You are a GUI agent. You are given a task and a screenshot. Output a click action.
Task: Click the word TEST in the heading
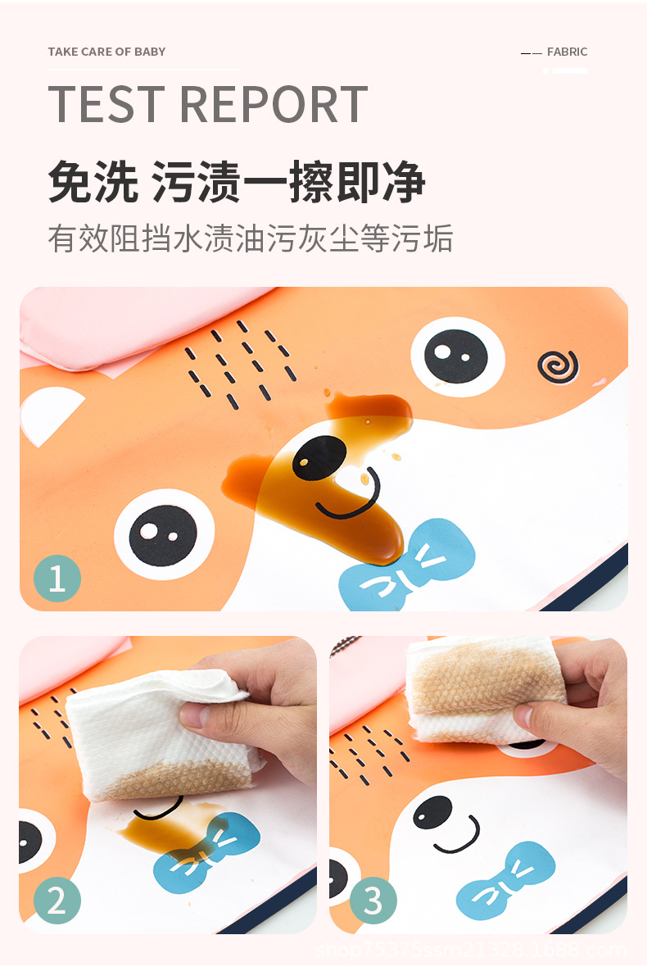pos(106,104)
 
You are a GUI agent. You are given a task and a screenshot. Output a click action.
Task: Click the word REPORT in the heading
pos(274,104)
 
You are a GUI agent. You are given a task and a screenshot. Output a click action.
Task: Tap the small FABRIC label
pos(567,52)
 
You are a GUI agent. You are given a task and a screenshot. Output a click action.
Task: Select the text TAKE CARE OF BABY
pos(106,52)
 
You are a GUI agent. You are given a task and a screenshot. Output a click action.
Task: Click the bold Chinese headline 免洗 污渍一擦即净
pos(237,182)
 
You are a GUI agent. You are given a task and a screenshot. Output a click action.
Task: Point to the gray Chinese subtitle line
pos(250,238)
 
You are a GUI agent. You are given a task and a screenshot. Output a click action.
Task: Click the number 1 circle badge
pos(57,579)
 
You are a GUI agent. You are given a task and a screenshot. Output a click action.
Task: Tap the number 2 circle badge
pos(57,901)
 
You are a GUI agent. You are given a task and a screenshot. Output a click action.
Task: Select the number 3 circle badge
pos(373,901)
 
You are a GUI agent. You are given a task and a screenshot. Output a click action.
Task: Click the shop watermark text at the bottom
pos(471,951)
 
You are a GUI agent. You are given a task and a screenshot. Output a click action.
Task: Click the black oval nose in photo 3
pos(432,810)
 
